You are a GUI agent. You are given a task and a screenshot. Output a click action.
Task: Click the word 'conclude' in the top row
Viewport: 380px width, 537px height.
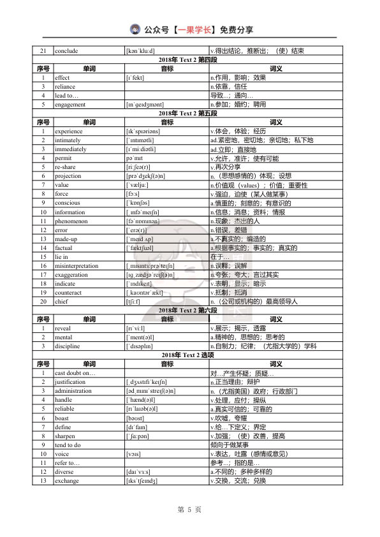point(68,50)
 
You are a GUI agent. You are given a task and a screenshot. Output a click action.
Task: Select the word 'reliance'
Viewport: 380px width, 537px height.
point(65,86)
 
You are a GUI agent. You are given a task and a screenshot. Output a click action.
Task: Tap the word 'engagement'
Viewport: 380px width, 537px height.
point(70,104)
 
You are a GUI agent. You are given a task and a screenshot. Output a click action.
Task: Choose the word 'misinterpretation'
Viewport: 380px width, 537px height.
point(77,265)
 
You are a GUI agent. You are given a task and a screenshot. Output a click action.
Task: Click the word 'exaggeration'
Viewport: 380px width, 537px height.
point(71,274)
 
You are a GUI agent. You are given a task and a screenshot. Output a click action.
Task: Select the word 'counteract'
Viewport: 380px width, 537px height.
point(68,292)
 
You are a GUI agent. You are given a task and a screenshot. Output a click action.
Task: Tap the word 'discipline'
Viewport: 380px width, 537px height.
point(67,346)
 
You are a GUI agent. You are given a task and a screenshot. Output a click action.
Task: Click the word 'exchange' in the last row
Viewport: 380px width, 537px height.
point(67,480)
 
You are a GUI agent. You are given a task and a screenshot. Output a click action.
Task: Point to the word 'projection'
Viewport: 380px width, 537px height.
point(68,175)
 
